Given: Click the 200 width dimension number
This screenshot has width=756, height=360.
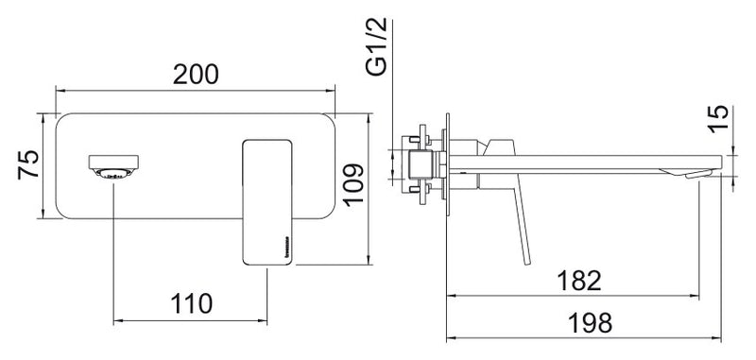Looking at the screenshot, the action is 196,75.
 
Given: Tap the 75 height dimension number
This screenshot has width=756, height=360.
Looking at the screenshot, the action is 28,164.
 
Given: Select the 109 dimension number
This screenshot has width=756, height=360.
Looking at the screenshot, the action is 353,185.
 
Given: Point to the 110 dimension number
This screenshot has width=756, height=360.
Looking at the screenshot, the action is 191,303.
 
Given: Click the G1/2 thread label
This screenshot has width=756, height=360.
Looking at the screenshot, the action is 376,45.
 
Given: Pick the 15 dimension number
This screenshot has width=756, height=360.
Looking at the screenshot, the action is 718,118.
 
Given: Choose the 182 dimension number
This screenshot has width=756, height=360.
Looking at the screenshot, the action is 579,281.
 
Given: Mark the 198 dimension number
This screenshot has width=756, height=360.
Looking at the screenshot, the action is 590,323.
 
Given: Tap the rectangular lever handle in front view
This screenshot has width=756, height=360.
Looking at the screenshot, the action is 267,202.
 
